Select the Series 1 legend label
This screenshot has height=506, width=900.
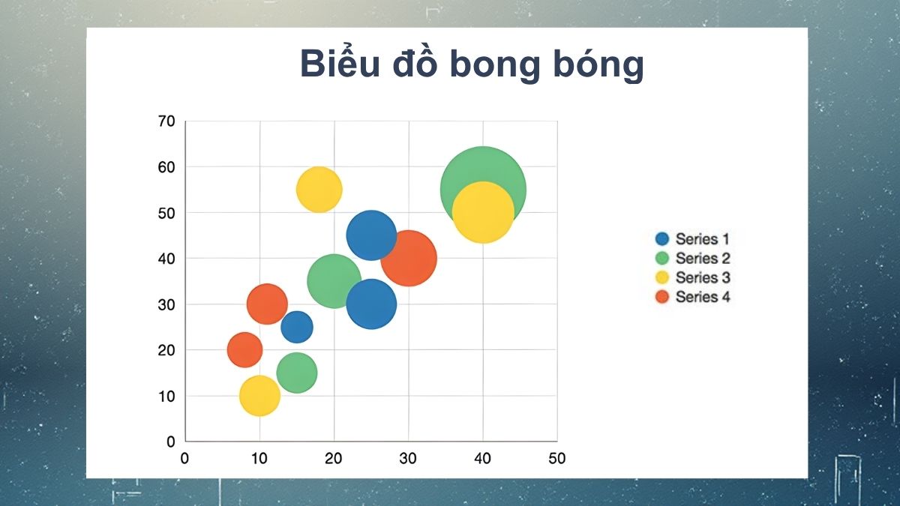coord(702,239)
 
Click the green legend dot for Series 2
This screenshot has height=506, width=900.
coord(662,259)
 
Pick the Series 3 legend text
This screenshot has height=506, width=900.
coord(702,277)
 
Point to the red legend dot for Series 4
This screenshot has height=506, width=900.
coord(662,297)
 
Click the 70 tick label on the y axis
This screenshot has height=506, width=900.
coord(166,121)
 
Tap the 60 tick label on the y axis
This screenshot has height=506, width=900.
coord(166,166)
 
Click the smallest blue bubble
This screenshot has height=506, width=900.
coord(297,327)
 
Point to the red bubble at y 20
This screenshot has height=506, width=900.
coord(244,350)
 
